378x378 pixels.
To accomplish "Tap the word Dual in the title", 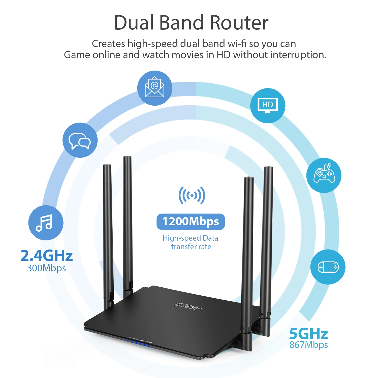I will [133, 23].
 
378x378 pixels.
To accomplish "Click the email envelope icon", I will [154, 88].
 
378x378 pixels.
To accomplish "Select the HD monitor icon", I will [268, 106].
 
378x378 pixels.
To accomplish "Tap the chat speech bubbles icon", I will [80, 140].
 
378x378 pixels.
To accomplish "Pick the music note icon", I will [46, 223].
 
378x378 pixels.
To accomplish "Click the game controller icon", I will [324, 175].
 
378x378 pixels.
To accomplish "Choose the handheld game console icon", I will [328, 267].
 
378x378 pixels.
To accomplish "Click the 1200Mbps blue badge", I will [191, 222].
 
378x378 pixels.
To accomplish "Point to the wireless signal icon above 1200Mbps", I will [192, 195].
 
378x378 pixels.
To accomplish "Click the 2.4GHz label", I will [47, 256].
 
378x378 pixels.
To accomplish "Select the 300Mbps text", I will [46, 268].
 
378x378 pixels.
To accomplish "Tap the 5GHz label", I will [308, 334].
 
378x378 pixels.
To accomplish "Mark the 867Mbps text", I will [308, 345].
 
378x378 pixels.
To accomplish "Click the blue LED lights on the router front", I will [138, 343].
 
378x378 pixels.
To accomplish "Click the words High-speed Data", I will [190, 238].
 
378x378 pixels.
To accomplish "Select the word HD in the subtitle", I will [224, 55].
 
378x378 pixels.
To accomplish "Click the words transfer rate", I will [191, 247].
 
